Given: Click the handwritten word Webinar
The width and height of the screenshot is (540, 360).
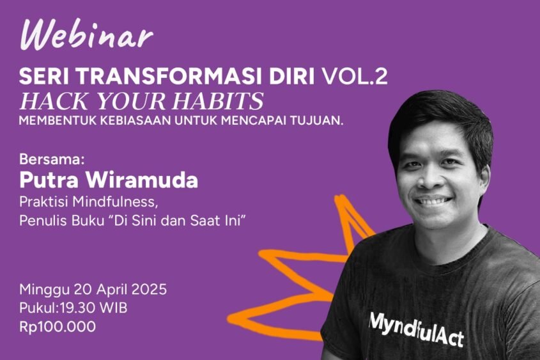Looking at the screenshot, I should coord(87,36).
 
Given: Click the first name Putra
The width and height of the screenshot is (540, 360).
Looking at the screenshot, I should coord(47,180).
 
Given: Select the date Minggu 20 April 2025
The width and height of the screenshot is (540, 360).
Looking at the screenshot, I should coord(93,289).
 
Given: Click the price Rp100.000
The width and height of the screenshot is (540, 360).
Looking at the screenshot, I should coord(58,327).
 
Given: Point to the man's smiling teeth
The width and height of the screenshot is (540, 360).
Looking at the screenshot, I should coord(436,201).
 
